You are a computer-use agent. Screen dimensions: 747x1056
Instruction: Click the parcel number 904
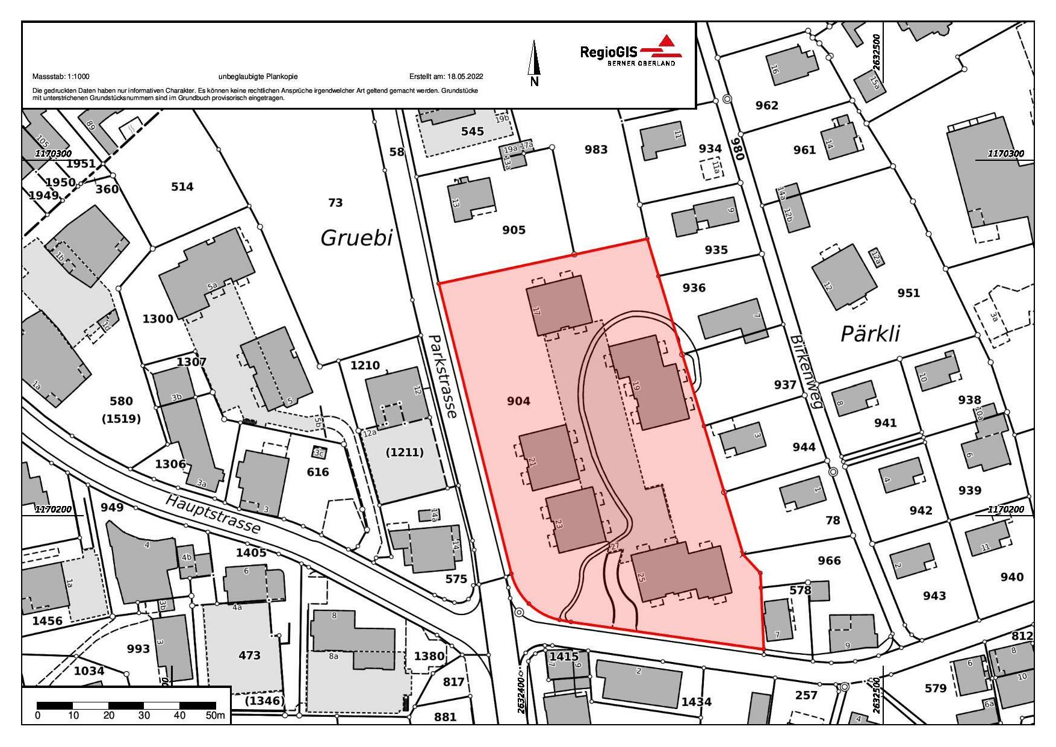coord(518,401)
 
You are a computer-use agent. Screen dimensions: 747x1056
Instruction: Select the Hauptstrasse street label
coord(214,513)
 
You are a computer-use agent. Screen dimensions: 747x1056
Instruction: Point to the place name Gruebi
coord(356,238)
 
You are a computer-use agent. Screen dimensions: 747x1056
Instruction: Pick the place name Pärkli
coord(870,334)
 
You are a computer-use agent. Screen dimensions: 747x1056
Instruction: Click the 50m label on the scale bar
coord(215,716)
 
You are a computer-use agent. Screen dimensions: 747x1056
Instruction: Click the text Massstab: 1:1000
coord(61,77)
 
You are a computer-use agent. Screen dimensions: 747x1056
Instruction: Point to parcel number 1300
coord(158,319)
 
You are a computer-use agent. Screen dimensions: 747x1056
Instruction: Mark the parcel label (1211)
coord(405,452)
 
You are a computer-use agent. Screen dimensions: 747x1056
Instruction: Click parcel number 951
coord(908,293)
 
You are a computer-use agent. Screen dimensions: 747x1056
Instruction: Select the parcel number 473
coord(249,655)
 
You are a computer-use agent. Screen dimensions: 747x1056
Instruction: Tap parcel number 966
coord(829,561)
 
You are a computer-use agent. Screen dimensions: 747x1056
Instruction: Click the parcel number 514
coord(182,187)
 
